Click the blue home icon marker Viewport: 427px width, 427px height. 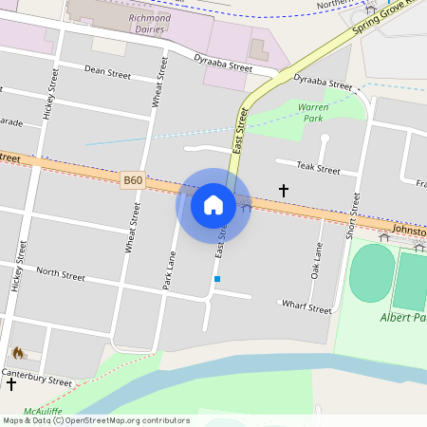[x=213, y=204]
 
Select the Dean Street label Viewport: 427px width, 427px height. [x=107, y=71]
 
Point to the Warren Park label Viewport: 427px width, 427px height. [x=313, y=114]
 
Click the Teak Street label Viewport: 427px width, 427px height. [x=318, y=169]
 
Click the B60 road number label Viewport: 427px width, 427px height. [x=132, y=179]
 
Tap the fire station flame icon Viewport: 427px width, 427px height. [x=17, y=353]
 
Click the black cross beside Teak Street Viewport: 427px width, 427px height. [x=283, y=191]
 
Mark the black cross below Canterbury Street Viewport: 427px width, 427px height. [x=11, y=384]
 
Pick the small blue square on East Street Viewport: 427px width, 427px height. [x=217, y=279]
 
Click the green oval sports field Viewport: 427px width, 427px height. [x=371, y=273]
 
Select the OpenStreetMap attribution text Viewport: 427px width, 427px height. [x=95, y=420]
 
